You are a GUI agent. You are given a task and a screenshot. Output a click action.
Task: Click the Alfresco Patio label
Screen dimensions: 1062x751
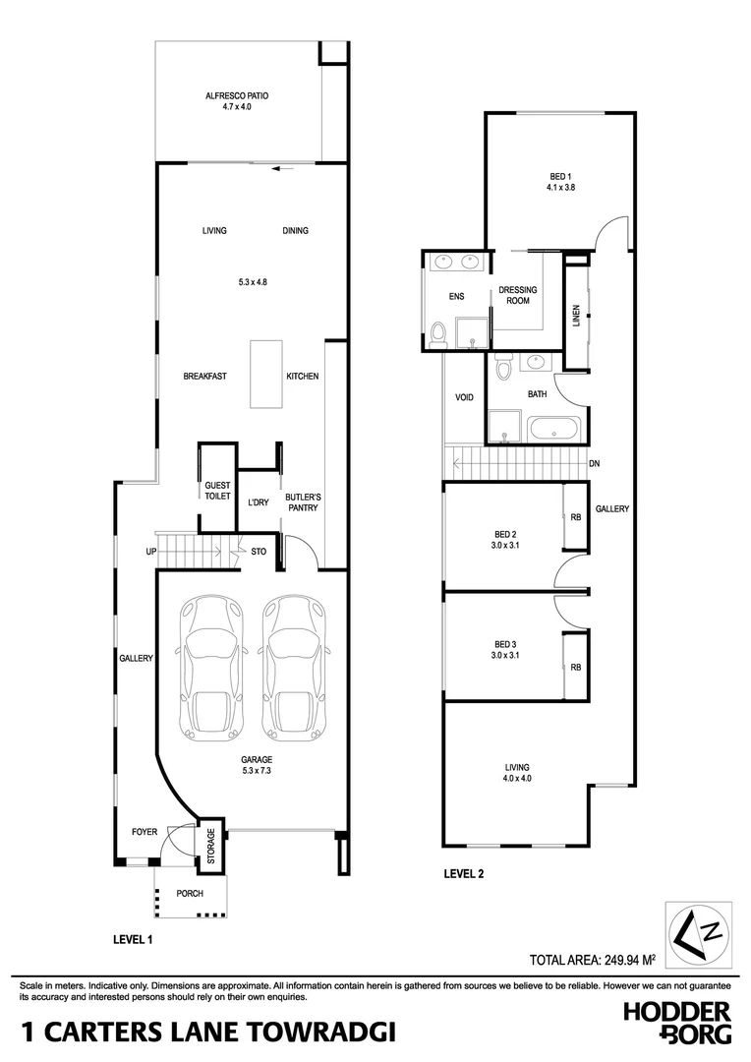237,100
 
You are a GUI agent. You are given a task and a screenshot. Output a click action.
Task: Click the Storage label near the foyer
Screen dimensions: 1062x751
210,843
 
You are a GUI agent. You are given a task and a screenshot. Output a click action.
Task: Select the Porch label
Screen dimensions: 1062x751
190,894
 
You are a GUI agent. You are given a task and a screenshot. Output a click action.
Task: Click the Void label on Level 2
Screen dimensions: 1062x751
464,398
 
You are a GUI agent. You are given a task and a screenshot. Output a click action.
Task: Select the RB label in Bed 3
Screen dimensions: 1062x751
575,667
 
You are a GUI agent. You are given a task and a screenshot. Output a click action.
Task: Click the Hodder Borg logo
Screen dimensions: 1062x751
678,1022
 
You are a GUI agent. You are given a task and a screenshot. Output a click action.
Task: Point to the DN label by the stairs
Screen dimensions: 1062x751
595,463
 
